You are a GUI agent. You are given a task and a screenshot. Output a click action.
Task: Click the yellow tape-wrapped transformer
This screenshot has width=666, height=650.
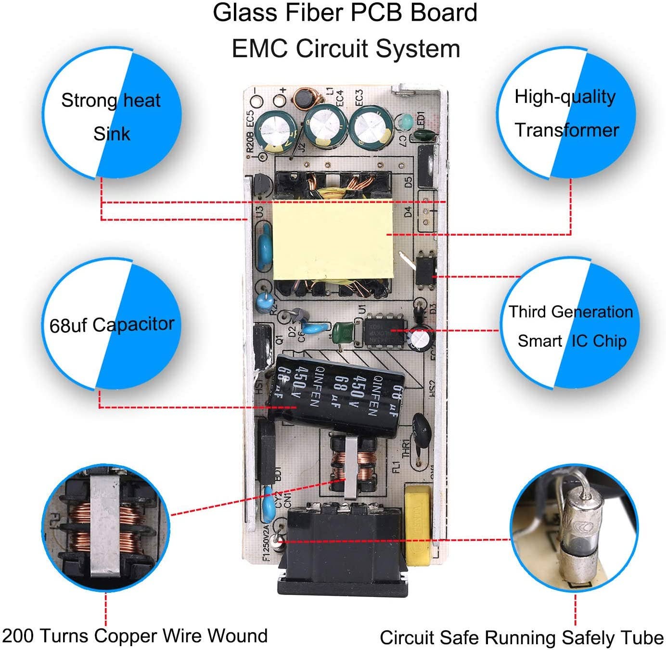pos(333,240)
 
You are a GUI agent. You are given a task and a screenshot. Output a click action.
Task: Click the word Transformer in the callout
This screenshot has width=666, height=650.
pos(567,130)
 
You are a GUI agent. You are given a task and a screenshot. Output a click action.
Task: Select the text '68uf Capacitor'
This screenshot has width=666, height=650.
pos(112,325)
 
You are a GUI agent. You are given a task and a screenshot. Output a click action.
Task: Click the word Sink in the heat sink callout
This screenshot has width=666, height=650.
pos(112,134)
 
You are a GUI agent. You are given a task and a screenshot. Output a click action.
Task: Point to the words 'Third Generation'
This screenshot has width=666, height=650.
pos(571,312)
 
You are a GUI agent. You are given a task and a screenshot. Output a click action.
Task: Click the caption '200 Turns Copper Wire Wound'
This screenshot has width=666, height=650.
pos(135,636)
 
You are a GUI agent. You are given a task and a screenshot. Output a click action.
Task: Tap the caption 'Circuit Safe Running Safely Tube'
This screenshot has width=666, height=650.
pos(522,637)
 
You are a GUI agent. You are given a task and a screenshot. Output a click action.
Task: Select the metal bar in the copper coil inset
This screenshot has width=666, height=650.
pos(104,526)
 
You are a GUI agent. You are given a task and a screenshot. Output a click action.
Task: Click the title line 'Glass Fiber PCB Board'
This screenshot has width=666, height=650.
pos(345,13)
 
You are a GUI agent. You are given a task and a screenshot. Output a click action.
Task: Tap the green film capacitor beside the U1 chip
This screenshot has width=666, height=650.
pos(343,330)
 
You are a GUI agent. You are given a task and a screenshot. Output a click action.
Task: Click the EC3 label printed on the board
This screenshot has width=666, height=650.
pos(359,98)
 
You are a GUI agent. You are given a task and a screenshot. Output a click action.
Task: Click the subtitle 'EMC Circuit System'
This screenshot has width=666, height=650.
pos(346,49)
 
